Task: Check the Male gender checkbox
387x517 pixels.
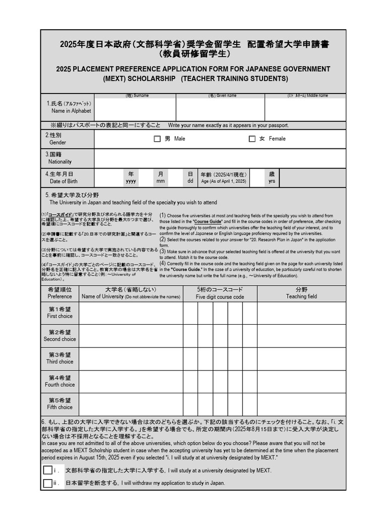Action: pos(157,139)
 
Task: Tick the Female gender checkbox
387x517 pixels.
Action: pos(252,139)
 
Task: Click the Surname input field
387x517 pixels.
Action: pos(135,110)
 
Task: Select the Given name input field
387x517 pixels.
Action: pos(220,110)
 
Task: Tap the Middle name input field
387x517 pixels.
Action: pos(305,110)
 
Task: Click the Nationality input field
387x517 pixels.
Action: pos(220,158)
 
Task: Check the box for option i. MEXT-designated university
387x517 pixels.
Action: pos(48,470)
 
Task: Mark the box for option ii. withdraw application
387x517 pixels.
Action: pos(48,483)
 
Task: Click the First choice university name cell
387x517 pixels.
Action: pos(131,313)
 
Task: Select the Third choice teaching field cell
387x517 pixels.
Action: pos(301,358)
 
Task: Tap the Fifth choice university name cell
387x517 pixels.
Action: pos(131,404)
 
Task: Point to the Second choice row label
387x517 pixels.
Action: pos(60,336)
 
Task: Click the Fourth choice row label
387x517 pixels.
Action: pos(60,381)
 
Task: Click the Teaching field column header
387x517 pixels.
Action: pos(301,293)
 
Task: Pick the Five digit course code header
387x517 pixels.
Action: pos(220,293)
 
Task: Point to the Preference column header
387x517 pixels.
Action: pos(60,293)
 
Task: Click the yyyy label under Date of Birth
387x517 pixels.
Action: pos(131,181)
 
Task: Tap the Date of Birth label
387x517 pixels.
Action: pos(63,181)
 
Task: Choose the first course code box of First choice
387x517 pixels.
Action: pos(190,313)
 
